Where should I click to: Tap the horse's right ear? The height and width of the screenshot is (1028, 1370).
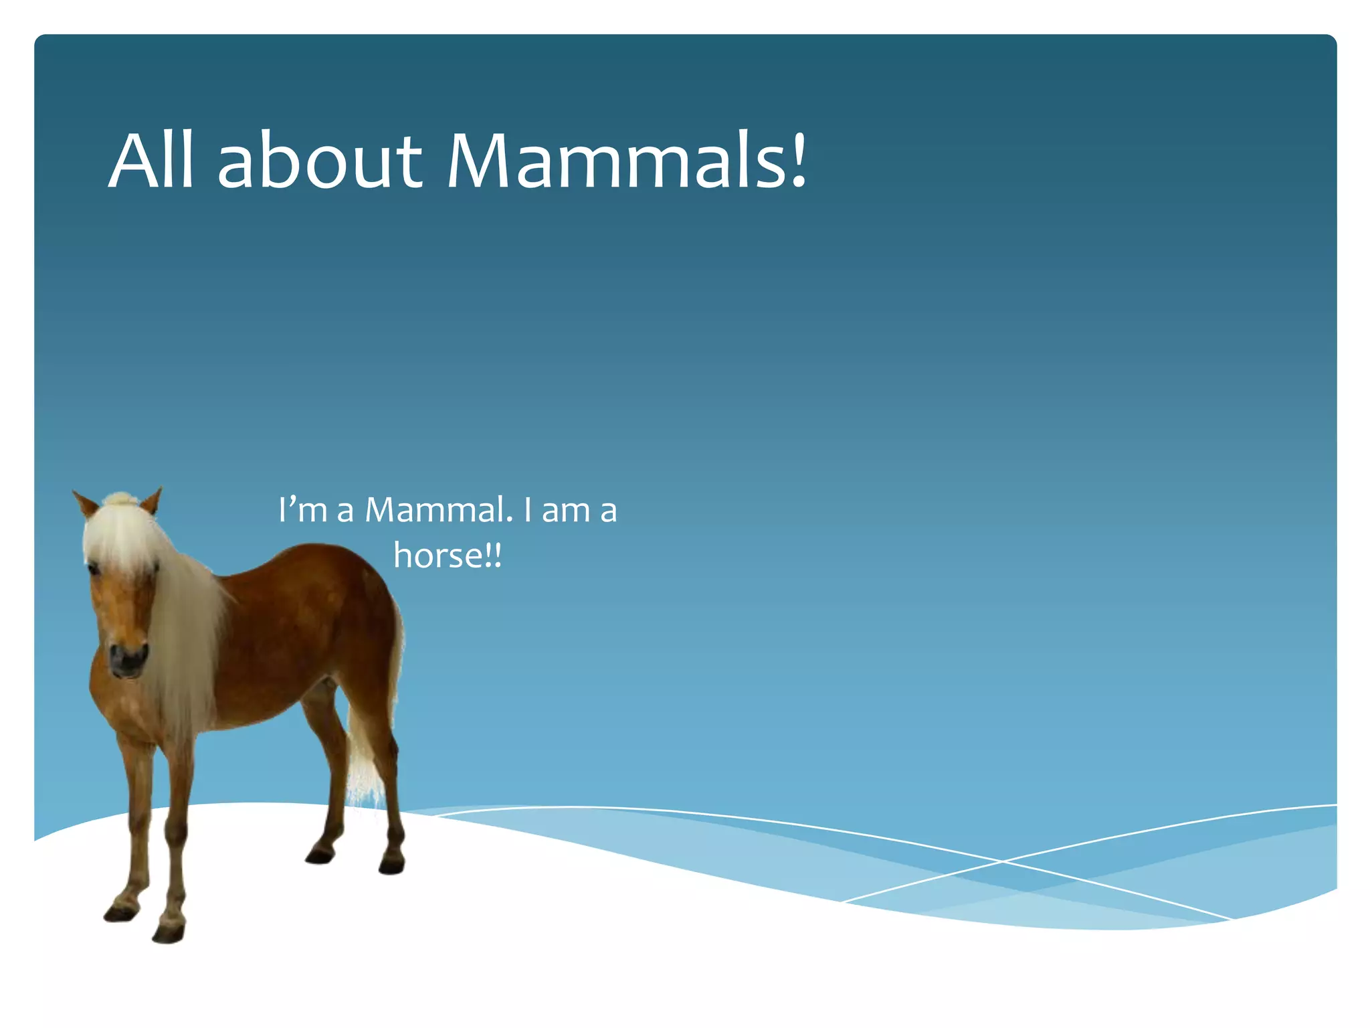click(152, 501)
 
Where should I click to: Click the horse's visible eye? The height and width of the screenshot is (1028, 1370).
click(94, 570)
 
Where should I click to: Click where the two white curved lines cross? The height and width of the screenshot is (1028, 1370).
click(1001, 861)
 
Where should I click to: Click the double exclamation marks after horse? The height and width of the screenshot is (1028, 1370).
click(493, 556)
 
